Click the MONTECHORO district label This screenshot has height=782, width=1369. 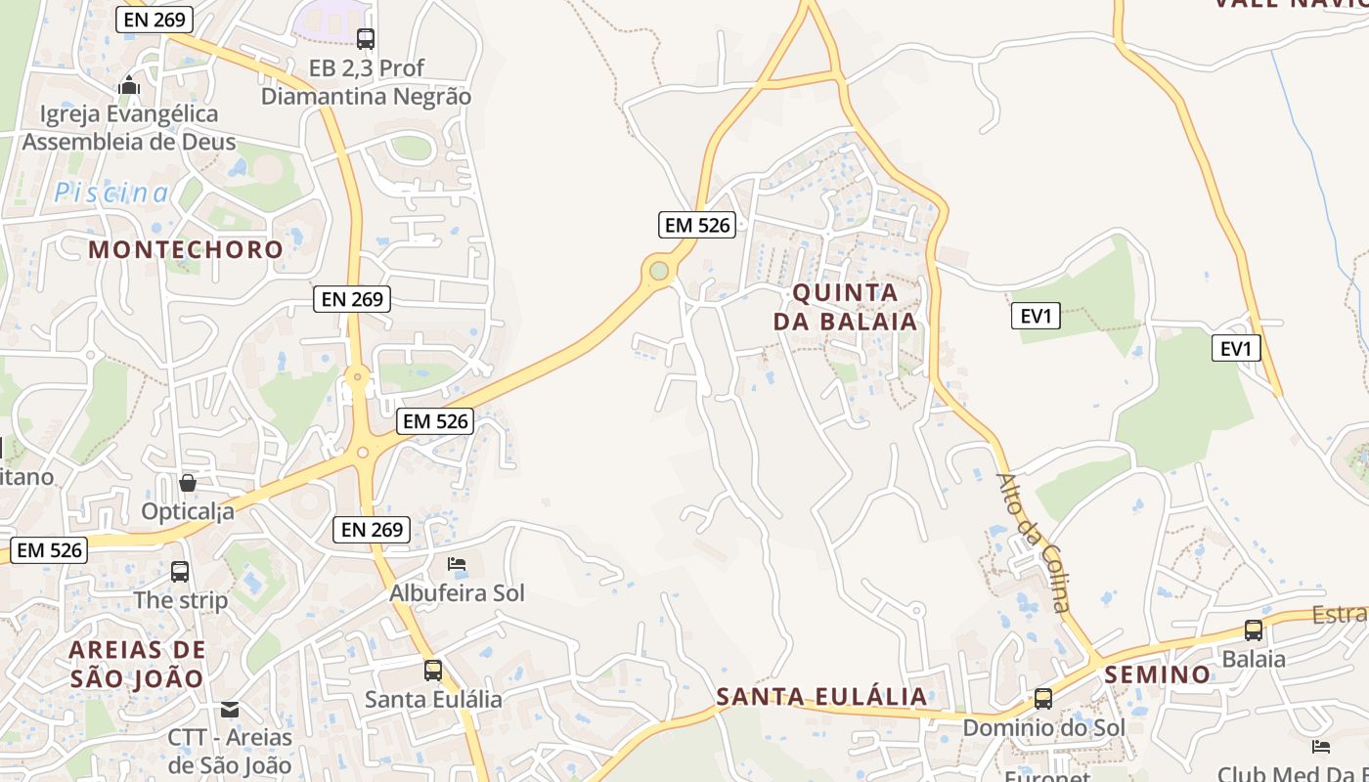click(x=186, y=249)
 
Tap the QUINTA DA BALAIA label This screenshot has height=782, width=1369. click(x=846, y=307)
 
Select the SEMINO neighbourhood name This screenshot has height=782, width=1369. click(x=1157, y=674)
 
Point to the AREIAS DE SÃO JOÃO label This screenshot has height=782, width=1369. click(x=137, y=664)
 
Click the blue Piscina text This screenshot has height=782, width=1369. click(x=110, y=193)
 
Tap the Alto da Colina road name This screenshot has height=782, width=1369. click(x=1034, y=543)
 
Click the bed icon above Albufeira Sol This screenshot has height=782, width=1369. click(x=457, y=564)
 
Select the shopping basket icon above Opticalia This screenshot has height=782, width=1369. click(x=188, y=483)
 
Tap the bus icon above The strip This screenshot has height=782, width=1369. click(x=180, y=572)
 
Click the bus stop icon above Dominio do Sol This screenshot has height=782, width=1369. click(x=1043, y=699)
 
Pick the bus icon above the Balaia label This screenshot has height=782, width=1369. click(x=1254, y=630)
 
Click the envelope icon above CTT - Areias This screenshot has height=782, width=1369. click(x=230, y=710)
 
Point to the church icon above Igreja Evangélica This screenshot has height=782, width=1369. click(x=129, y=86)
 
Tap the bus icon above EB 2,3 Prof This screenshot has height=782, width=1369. click(x=366, y=39)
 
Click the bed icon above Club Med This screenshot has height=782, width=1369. click(x=1321, y=747)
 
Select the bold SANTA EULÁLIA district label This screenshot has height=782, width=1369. click(x=821, y=697)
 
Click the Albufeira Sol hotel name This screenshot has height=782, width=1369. click(x=457, y=593)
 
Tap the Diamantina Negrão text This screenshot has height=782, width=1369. click(x=366, y=97)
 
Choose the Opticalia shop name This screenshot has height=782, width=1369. click(x=188, y=511)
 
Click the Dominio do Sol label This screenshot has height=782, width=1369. click(x=1043, y=728)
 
